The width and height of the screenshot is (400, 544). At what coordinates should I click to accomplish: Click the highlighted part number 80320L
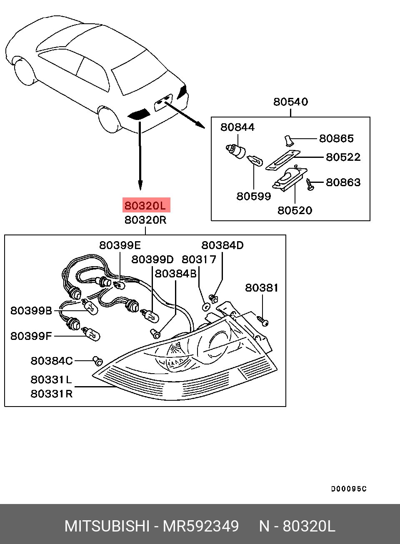[x=145, y=205]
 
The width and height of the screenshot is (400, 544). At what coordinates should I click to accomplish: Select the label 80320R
[x=145, y=220]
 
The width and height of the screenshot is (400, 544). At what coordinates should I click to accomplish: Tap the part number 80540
[x=290, y=102]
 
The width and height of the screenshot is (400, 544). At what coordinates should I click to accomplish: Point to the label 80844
[x=237, y=127]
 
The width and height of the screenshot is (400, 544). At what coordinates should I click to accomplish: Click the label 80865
[x=336, y=138]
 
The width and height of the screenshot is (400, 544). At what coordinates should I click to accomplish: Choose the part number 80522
[x=343, y=157]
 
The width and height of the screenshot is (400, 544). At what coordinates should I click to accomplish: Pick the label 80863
[x=343, y=182]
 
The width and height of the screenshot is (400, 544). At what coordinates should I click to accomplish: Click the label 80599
[x=253, y=196]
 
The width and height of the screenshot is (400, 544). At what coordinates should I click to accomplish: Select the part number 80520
[x=295, y=210]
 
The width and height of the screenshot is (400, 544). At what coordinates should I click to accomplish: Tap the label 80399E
[x=120, y=245]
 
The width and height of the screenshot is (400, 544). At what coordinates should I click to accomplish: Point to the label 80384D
[x=222, y=245]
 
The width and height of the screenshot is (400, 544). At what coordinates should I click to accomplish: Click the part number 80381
[x=262, y=288]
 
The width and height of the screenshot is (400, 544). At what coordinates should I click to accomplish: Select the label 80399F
[x=31, y=336]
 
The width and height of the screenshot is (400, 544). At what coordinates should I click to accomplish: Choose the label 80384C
[x=52, y=361]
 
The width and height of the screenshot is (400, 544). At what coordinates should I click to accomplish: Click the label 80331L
[x=51, y=379]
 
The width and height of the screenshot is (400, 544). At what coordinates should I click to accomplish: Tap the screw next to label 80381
[x=262, y=321]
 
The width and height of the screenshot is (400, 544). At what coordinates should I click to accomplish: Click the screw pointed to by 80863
[x=310, y=184]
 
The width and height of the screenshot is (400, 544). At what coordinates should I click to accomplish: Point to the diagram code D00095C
[x=349, y=489]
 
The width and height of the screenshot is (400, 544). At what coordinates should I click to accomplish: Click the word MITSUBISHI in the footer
[x=107, y=527]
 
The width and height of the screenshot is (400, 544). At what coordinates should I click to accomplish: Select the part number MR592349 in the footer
[x=201, y=527]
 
